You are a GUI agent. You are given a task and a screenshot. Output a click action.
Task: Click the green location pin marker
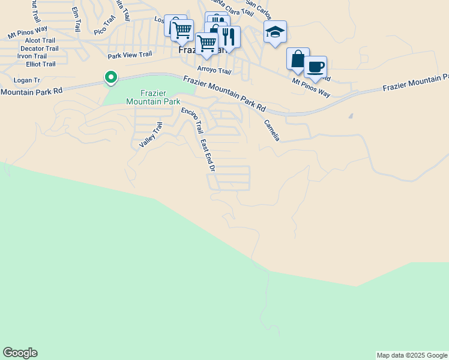[x=110, y=77]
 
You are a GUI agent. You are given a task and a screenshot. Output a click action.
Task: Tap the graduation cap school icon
[x=275, y=32]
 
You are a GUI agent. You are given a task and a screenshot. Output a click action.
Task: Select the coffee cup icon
[x=315, y=67]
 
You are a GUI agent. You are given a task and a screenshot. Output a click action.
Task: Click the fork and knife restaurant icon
[x=228, y=37]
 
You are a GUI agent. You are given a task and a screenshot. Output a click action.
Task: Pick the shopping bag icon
[x=298, y=59]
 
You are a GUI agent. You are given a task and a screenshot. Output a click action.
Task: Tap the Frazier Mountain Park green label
[x=152, y=97]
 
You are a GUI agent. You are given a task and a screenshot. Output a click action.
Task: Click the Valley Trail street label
[x=151, y=135]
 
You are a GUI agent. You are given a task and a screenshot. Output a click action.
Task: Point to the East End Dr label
[x=208, y=155]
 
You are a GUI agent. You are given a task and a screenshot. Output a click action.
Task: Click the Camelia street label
[x=272, y=130]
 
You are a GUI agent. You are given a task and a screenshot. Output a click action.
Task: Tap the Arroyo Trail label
[x=214, y=70]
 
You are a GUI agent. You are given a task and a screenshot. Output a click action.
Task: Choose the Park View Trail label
[x=130, y=55]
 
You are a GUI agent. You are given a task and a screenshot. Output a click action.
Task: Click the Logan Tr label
[x=26, y=80]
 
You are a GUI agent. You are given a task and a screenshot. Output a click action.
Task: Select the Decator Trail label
[x=39, y=49]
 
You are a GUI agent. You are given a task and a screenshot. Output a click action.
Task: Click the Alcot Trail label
[x=40, y=40]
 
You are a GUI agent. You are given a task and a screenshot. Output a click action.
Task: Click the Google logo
[x=20, y=353]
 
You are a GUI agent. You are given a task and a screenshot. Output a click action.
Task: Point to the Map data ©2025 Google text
[x=412, y=355]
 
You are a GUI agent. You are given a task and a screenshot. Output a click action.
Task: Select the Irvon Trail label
[x=32, y=56]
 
